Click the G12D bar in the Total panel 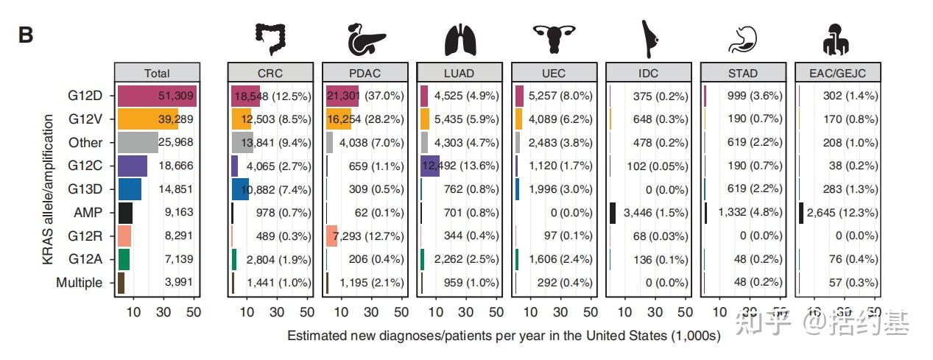point(155,96)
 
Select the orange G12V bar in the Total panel point(147,119)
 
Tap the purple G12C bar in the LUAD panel point(430,166)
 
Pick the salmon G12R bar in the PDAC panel point(331,236)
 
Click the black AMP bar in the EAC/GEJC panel point(801,213)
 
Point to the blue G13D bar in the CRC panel point(240,189)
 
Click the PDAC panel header point(365,73)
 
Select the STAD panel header point(743,73)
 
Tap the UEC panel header point(554,73)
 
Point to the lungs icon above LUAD point(460,40)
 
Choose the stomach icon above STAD point(742,40)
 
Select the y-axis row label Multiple point(79,283)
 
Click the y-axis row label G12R point(85,236)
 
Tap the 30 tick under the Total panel point(164,311)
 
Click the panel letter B point(27,35)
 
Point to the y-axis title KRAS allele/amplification point(49,190)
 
